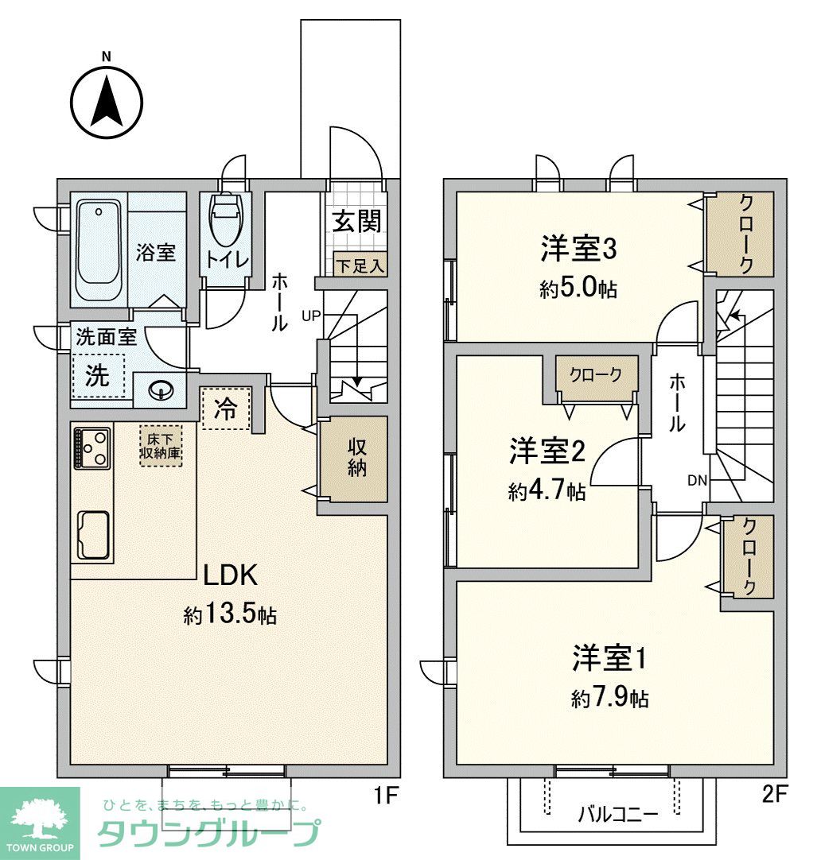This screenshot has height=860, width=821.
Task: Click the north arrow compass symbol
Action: coord(107,101)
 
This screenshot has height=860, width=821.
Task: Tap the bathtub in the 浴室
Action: coord(99,250)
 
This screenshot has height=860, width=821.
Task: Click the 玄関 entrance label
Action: coord(356,221)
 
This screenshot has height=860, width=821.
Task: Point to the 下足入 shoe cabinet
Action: coord(359,265)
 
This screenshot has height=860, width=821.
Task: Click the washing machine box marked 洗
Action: coord(99,375)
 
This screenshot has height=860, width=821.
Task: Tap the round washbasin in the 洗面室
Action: coord(161,390)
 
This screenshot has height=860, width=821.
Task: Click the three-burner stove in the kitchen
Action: coord(92,447)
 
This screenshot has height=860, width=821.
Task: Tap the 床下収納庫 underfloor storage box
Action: coord(161,445)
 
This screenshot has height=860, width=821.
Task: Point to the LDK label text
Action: coord(229,574)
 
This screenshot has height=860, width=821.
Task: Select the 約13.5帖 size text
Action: coord(230,614)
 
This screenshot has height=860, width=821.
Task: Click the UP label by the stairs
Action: coord(310,315)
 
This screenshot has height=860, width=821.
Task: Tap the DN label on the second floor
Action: coord(698,480)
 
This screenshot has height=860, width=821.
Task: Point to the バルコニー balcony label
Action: coord(606,814)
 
